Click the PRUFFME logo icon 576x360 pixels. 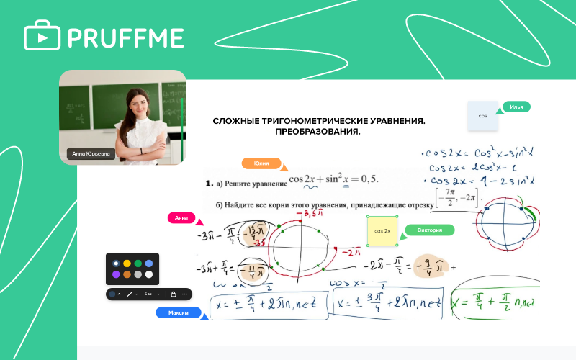click(42, 35)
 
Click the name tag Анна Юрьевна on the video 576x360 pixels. click(91, 153)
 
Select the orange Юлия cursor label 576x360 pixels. click(261, 163)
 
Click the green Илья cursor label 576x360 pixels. click(516, 107)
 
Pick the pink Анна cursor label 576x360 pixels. click(182, 217)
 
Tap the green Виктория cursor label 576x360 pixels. click(429, 230)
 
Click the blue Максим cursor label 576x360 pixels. click(179, 312)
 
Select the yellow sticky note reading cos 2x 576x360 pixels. click(382, 231)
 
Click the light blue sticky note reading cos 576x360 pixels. click(482, 116)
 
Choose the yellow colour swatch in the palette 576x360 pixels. click(127, 264)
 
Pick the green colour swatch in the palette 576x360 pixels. click(138, 264)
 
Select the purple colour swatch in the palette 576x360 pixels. click(116, 274)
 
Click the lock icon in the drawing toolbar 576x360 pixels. click(173, 294)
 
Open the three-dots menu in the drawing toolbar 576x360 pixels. click(185, 294)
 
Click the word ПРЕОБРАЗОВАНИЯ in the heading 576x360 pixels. click(318, 132)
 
